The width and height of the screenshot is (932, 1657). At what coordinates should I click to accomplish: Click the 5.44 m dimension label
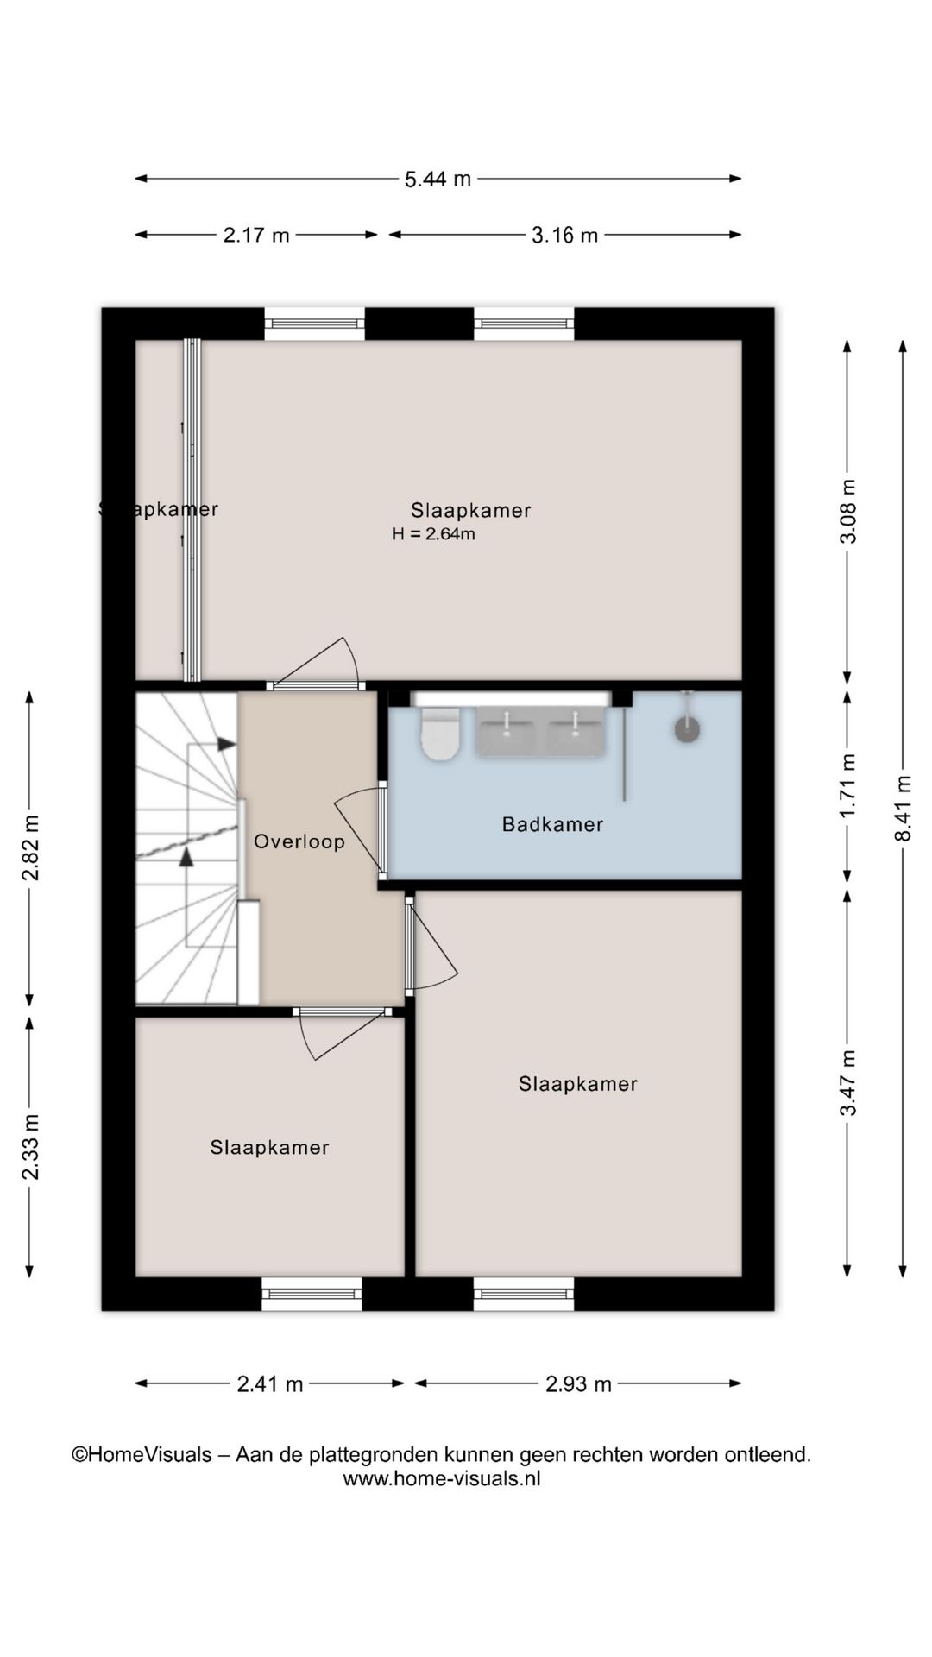point(438,180)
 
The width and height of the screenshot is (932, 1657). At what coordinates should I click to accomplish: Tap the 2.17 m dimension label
point(256,235)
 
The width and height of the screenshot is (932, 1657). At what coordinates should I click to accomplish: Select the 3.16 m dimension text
point(564,235)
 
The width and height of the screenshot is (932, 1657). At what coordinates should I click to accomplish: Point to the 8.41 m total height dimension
point(903,808)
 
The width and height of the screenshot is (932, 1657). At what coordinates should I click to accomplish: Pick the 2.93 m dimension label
point(578,1384)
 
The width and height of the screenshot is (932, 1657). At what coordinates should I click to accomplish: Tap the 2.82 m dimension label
point(30,847)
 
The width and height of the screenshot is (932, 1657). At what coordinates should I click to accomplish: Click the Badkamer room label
point(552,825)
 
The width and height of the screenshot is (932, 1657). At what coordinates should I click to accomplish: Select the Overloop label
point(299,841)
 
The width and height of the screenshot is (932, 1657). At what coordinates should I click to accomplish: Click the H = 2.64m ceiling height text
point(433,534)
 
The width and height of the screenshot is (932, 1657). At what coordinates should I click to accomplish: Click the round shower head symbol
point(687,729)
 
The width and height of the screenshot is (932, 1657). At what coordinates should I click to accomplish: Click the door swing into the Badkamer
point(358,828)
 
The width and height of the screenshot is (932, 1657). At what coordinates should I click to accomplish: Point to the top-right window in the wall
point(524,324)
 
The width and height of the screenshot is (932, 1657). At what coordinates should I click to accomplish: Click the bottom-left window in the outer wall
point(312,1294)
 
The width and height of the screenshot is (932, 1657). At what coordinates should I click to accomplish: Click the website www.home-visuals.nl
point(442,1478)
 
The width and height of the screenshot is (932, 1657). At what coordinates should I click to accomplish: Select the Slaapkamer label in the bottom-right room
point(577,1085)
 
